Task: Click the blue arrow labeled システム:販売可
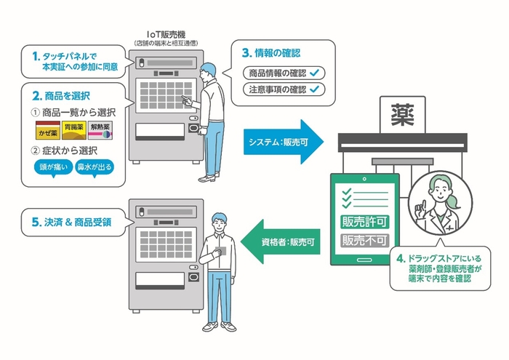pyautogui.click(x=280, y=141)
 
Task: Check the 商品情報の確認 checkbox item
pyautogui.click(x=283, y=73)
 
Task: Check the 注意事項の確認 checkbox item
pyautogui.click(x=283, y=89)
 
